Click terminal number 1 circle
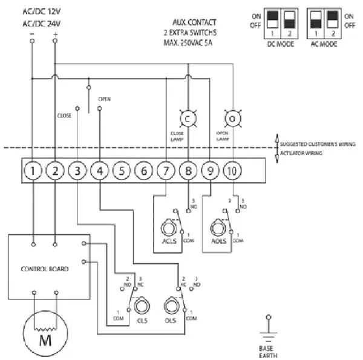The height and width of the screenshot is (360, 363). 33,171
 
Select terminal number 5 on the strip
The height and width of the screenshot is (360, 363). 121,171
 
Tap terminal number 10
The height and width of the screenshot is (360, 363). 231,171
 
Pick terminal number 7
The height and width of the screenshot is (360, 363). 165,171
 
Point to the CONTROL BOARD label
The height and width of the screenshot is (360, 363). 44,267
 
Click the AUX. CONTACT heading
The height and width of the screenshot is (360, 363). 194,22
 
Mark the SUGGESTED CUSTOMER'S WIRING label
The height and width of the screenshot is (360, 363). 317,144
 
